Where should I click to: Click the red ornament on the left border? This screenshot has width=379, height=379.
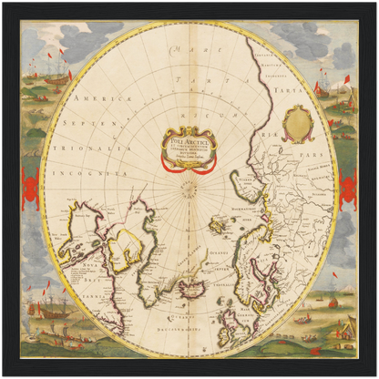[30, 189]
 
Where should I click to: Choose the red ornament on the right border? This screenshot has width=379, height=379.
[347, 189]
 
